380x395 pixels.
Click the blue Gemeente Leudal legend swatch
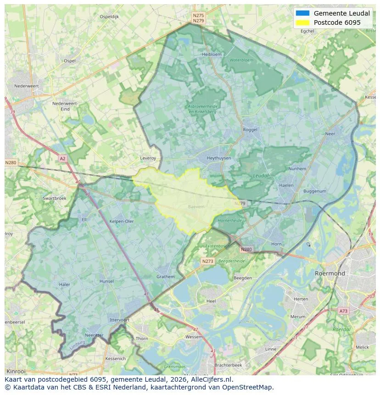pyautogui.click(x=303, y=13)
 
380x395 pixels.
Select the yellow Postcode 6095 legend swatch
pyautogui.click(x=303, y=22)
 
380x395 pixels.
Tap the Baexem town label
pyautogui.click(x=196, y=207)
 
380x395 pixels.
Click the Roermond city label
pyautogui.click(x=330, y=273)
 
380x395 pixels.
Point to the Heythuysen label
pyautogui.click(x=218, y=158)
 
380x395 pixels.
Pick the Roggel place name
pyautogui.click(x=250, y=130)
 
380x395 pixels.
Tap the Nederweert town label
pyautogui.click(x=27, y=86)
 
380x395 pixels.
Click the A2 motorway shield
pyautogui.click(x=62, y=159)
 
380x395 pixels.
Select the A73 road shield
pyautogui.click(x=343, y=311)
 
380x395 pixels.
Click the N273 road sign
pyautogui.click(x=207, y=261)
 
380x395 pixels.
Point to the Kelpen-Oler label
pyautogui.click(x=122, y=221)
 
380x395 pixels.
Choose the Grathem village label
pyautogui.click(x=165, y=277)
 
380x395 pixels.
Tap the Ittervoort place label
pyautogui.click(x=120, y=320)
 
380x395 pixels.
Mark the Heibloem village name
pyautogui.click(x=212, y=54)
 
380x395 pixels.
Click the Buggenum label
pyautogui.click(x=315, y=191)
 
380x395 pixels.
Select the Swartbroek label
pyautogui.click(x=54, y=198)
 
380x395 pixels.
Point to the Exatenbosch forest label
pyautogui.click(x=217, y=246)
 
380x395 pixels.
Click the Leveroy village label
pyautogui.click(x=148, y=158)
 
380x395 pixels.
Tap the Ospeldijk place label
pyautogui.click(x=109, y=17)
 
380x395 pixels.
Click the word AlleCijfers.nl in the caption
pyautogui.click(x=212, y=380)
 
